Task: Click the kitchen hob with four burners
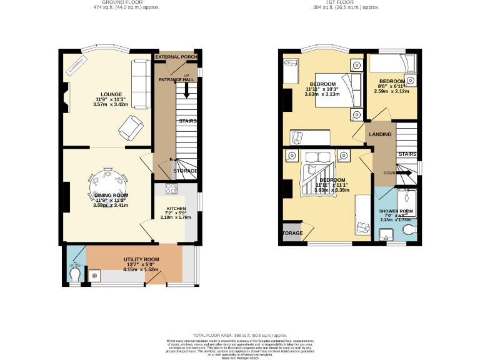point(171,189)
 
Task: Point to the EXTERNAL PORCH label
point(176,57)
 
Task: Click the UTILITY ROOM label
point(141,259)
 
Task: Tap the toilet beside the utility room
point(75,276)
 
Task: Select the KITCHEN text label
point(176,209)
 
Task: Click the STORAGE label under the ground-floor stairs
point(185,171)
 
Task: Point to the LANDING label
point(380,134)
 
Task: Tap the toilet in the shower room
point(410,232)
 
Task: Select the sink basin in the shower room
point(385,235)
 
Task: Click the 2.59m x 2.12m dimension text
point(391,91)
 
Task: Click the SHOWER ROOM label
point(396,211)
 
